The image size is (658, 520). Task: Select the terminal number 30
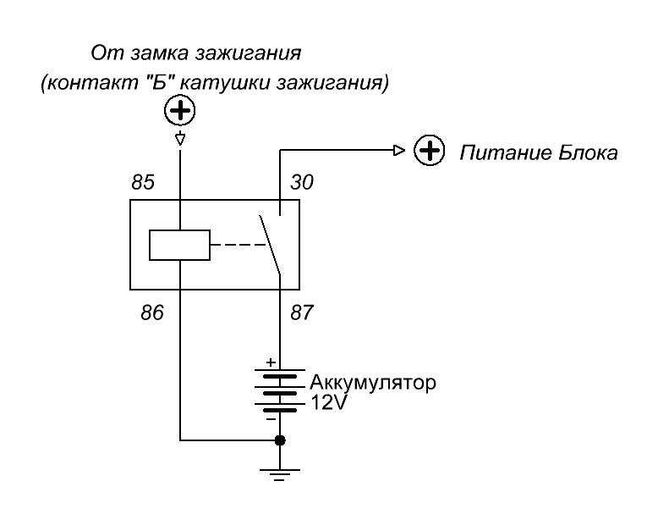(x=303, y=182)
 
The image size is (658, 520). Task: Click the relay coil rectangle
(x=179, y=246)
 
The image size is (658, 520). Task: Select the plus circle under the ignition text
(x=179, y=110)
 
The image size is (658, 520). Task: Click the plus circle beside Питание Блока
(x=430, y=152)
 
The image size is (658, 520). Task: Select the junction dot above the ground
(x=280, y=440)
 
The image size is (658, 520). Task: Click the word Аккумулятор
(x=372, y=383)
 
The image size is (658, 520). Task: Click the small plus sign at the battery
(x=270, y=362)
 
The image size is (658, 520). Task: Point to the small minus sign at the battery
(x=270, y=418)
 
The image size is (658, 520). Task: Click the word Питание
(x=500, y=153)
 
